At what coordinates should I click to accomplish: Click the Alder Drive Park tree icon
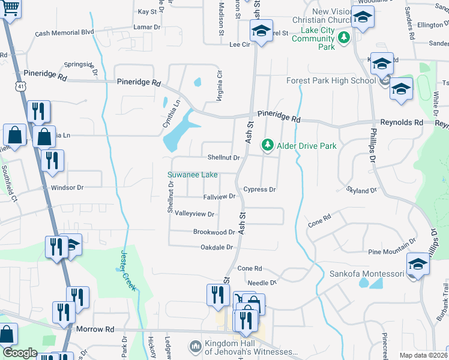click(267, 145)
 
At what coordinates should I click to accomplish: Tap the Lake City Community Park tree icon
click(343, 39)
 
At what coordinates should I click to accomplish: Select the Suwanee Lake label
click(192, 175)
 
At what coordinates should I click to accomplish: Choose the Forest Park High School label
click(331, 81)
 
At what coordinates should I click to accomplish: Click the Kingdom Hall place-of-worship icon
click(194, 347)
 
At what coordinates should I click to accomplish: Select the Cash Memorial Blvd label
click(65, 32)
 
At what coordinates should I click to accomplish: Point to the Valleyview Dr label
click(194, 214)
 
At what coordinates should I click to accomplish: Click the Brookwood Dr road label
click(214, 232)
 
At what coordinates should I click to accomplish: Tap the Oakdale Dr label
click(216, 247)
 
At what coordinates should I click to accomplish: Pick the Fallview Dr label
click(221, 197)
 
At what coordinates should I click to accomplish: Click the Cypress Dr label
click(259, 190)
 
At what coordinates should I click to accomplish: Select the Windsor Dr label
click(67, 188)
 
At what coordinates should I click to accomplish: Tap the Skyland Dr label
click(361, 190)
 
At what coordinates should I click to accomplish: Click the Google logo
click(20, 353)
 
